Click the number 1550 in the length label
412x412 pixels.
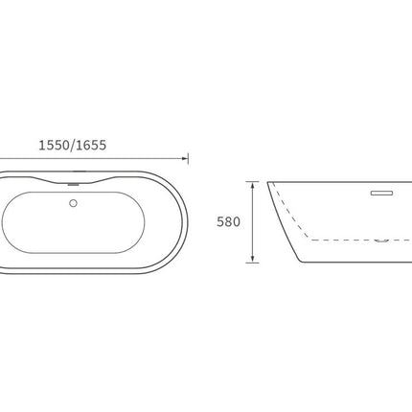pos(54,146)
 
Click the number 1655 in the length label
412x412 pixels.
pos(91,146)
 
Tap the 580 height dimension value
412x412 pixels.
pos(228,222)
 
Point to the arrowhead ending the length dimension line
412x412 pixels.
pos(185,158)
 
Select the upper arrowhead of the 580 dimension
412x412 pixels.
pos(253,185)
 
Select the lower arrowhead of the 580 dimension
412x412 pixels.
pos(253,259)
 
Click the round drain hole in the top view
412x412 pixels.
pos(74,203)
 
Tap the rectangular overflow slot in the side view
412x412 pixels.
pos(381,193)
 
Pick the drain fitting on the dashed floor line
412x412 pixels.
pos(381,240)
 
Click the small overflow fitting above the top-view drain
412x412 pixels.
pos(74,184)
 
